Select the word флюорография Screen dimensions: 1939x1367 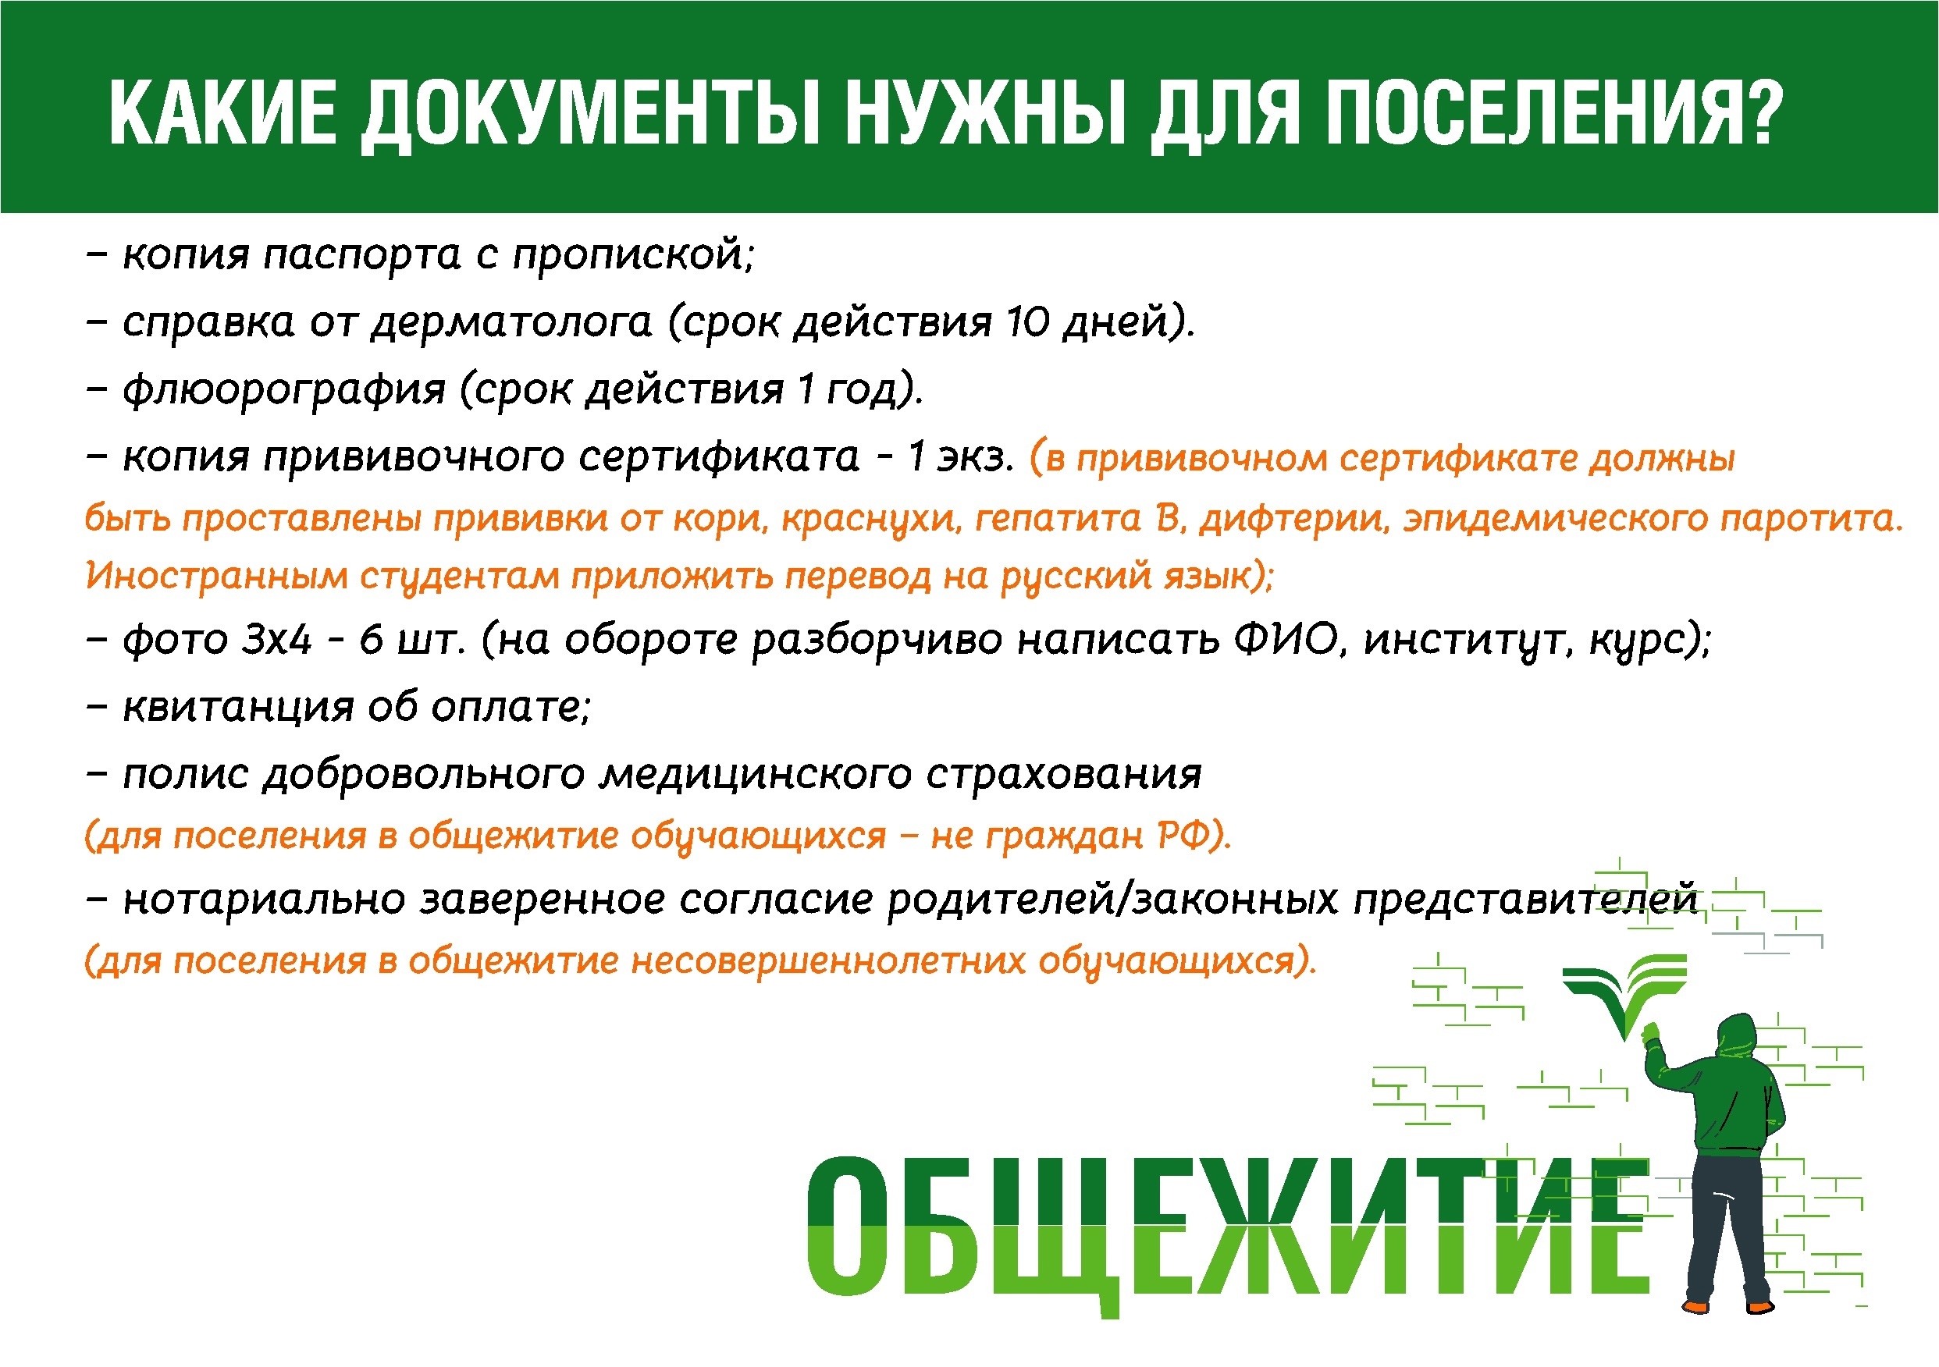click(x=284, y=389)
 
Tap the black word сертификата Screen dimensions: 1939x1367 click(x=719, y=456)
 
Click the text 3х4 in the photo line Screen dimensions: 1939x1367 click(x=277, y=639)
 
